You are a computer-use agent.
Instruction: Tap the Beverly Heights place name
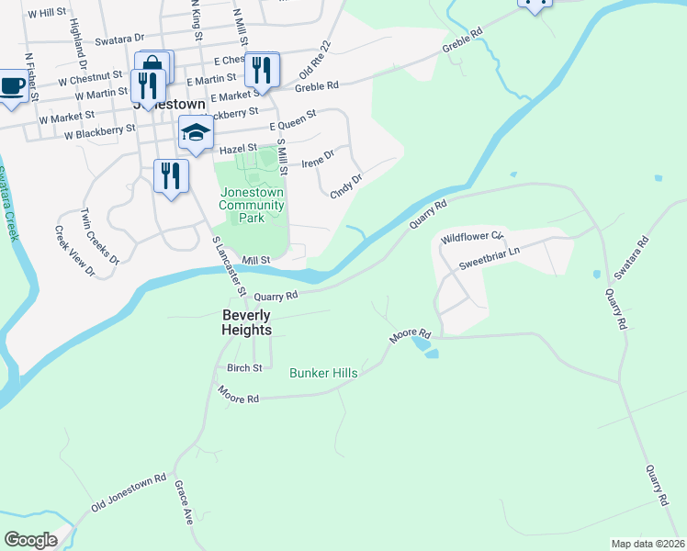tap(247, 321)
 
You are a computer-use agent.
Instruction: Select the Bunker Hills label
tap(323, 373)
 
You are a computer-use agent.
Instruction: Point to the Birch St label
tap(245, 367)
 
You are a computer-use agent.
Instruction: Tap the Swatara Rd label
tap(632, 257)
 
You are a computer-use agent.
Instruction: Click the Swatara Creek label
tap(7, 203)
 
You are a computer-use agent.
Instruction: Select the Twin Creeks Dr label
tap(100, 235)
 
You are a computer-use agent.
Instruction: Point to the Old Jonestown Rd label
tap(129, 494)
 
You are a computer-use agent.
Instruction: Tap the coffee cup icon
tap(12, 86)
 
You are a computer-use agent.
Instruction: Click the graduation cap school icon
tap(195, 134)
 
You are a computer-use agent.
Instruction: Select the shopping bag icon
tap(153, 66)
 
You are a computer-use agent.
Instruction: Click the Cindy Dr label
tap(346, 185)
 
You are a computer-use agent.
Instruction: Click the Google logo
tap(30, 540)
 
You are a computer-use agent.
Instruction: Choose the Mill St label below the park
tap(257, 260)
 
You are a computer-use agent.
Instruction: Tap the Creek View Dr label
tap(74, 251)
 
